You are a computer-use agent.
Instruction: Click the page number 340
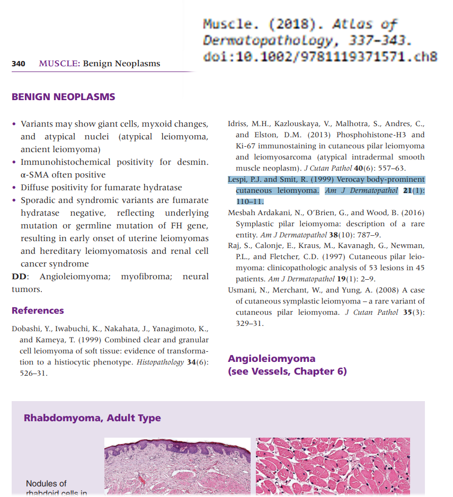coord(19,64)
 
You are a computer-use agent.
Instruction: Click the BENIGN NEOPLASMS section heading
coord(63,97)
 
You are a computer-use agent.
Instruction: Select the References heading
coord(38,310)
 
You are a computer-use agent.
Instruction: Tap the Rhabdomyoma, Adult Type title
coord(92,418)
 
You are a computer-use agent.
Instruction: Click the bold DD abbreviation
coord(20,277)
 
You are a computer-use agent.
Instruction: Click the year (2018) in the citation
coord(299,24)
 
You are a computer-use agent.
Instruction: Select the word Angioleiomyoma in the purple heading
coord(271,359)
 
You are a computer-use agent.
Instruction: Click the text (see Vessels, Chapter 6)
coord(287,371)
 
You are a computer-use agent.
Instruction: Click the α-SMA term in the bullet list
coord(35,175)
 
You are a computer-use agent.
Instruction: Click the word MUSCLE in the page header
coord(59,64)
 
